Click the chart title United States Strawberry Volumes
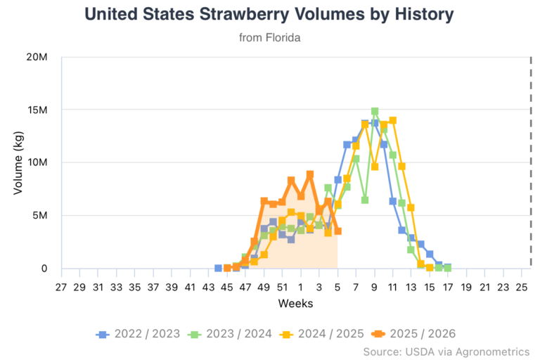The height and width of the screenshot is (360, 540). tap(269, 14)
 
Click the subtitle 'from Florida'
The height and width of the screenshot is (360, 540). tap(270, 37)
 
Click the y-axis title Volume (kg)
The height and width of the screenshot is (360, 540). tap(19, 162)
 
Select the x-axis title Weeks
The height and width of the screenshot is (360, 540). tap(295, 304)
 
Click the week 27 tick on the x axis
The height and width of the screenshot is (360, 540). tap(61, 288)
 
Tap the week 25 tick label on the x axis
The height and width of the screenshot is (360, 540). tap(521, 288)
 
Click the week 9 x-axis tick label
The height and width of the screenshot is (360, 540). tap(375, 288)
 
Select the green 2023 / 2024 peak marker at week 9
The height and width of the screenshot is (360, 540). tap(375, 112)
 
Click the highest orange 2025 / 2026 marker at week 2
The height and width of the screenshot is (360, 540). tap(310, 174)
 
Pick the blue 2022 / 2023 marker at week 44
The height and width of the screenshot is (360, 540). tap(218, 268)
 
